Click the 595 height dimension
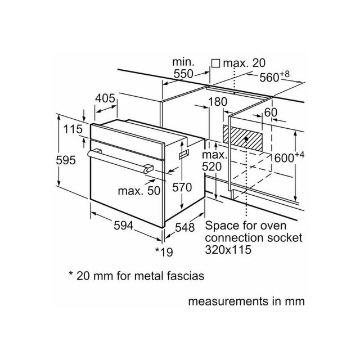click(x=66, y=160)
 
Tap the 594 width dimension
click(x=124, y=226)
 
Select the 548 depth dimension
click(x=185, y=227)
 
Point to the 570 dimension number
click(x=182, y=187)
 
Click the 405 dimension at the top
click(x=105, y=98)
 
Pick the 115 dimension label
click(x=73, y=129)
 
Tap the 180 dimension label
click(x=218, y=102)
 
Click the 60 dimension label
click(x=271, y=112)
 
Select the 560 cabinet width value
click(x=274, y=76)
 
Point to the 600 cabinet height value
click(x=289, y=157)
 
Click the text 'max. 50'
click(x=139, y=191)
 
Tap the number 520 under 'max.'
click(x=211, y=167)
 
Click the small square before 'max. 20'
click(x=215, y=63)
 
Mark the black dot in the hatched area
click(x=246, y=139)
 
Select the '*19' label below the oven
click(x=164, y=252)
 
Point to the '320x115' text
click(x=228, y=250)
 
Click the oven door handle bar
click(x=119, y=161)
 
